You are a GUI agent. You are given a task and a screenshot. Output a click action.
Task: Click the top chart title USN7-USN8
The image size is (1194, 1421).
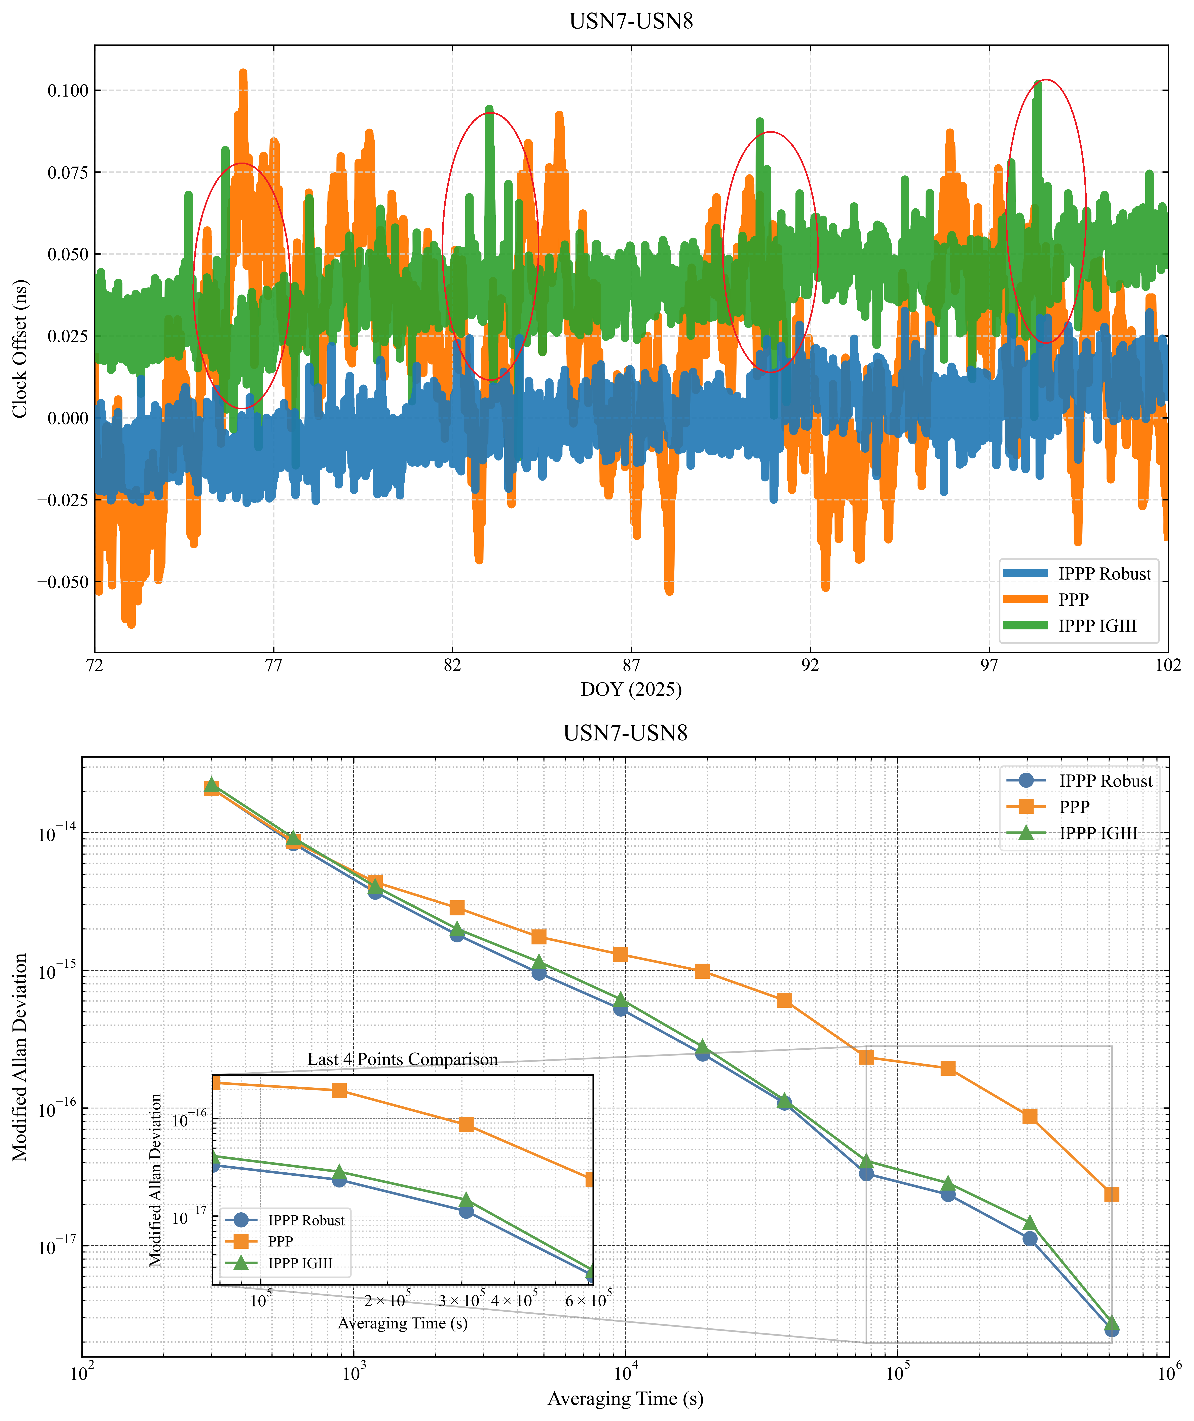click(x=631, y=22)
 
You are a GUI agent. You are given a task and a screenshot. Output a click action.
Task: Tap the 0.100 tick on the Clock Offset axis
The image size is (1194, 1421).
click(x=68, y=91)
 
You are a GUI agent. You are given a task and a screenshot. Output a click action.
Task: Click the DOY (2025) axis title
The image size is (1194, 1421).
click(x=631, y=689)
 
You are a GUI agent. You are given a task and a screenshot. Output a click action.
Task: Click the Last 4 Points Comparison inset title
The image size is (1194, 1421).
click(x=402, y=1060)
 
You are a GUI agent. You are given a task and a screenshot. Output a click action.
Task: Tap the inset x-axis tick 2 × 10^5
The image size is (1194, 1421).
click(x=387, y=1301)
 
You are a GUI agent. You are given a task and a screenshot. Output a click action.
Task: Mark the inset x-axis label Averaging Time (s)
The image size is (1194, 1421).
click(x=403, y=1323)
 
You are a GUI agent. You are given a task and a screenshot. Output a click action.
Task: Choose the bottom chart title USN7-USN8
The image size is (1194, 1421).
click(x=625, y=733)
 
